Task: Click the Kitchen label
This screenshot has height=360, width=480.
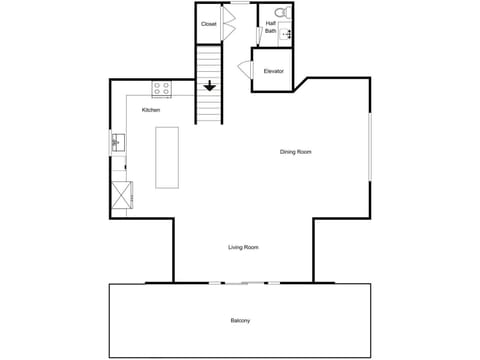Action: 151,110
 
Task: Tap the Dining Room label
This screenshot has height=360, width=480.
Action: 296,152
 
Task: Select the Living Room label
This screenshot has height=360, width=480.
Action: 243,247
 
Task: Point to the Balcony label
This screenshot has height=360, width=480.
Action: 240,321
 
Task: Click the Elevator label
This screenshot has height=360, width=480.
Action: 274,71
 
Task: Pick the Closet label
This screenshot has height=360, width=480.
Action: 209,24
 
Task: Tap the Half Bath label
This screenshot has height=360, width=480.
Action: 271,27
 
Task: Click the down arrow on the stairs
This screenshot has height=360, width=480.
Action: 209,86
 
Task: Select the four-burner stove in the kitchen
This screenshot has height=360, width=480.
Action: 162,89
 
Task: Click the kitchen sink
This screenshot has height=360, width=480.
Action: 118,143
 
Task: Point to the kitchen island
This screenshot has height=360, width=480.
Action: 167,157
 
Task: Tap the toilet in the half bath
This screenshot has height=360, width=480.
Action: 283,13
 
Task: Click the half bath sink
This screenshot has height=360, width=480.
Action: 285,34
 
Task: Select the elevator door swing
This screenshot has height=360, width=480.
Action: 245,69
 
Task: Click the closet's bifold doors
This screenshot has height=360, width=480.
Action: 228,23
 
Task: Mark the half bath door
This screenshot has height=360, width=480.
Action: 259,36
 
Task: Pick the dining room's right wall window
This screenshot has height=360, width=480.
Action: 370,147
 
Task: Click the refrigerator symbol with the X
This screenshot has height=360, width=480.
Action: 121,195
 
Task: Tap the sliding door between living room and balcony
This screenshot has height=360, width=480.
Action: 245,283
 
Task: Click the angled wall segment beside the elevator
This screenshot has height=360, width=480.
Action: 301,85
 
